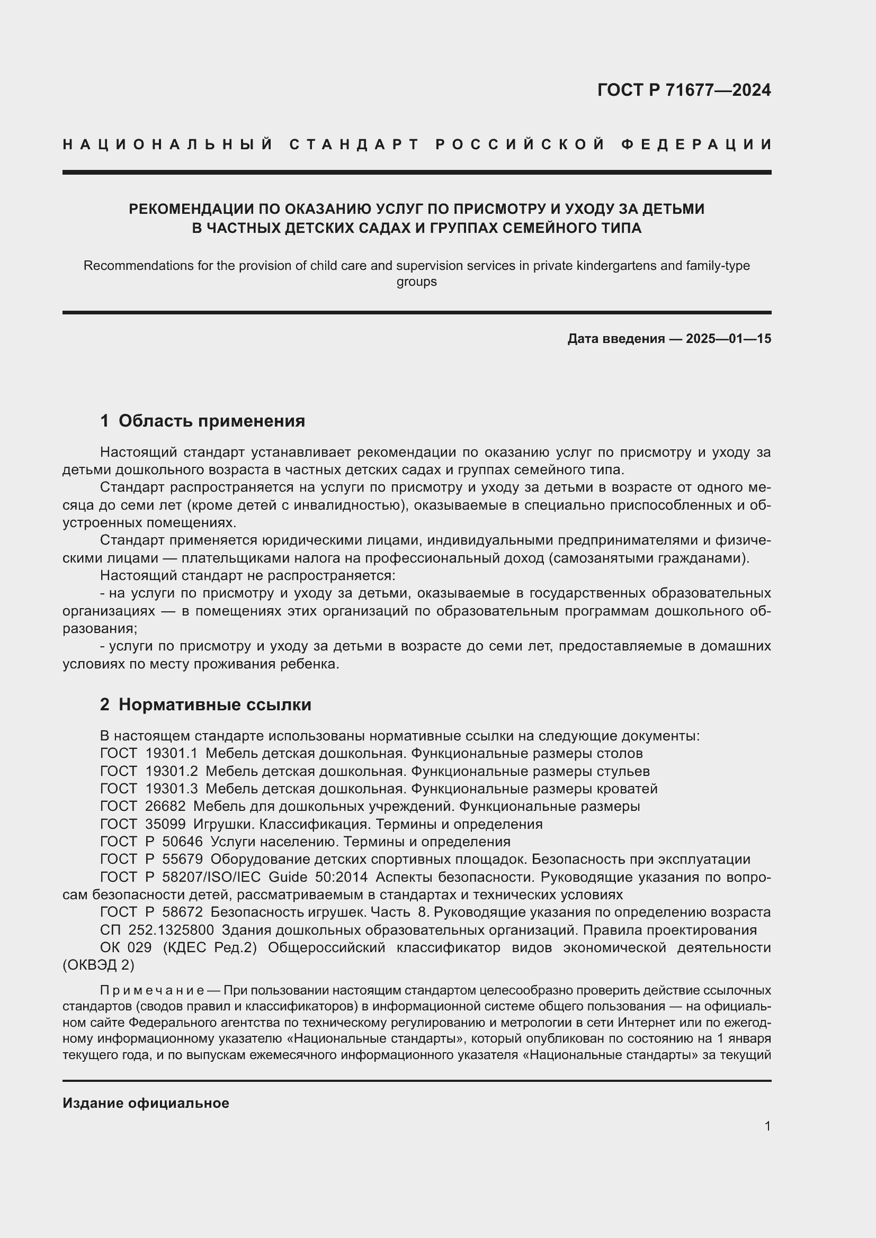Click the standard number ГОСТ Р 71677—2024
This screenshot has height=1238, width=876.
point(684,90)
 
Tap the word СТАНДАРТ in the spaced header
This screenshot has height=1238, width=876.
point(354,144)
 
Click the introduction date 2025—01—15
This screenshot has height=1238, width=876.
point(728,339)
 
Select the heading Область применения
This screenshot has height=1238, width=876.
point(211,421)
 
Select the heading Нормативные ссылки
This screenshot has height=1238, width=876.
point(214,704)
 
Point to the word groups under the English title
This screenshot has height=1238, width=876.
point(416,282)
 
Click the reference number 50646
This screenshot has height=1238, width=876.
point(182,842)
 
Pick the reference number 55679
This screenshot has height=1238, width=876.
point(182,859)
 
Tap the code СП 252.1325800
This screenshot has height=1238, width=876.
point(157,930)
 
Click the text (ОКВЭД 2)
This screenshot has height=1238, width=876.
point(98,965)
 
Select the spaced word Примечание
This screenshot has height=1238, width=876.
point(151,990)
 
